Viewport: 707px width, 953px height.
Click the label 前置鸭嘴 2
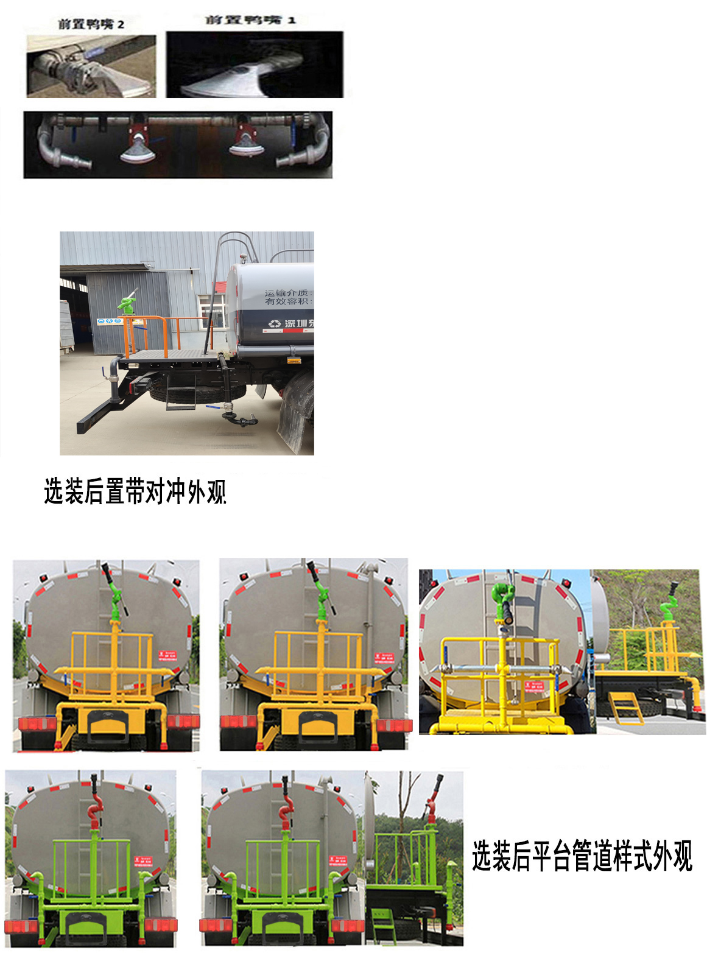pyautogui.click(x=91, y=24)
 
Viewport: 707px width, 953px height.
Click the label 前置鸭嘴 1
pyautogui.click(x=250, y=20)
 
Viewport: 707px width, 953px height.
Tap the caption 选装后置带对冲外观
pyautogui.click(x=135, y=491)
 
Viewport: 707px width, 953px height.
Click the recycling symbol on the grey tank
pyautogui.click(x=275, y=323)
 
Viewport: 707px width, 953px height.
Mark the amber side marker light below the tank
pyautogui.click(x=295, y=360)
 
